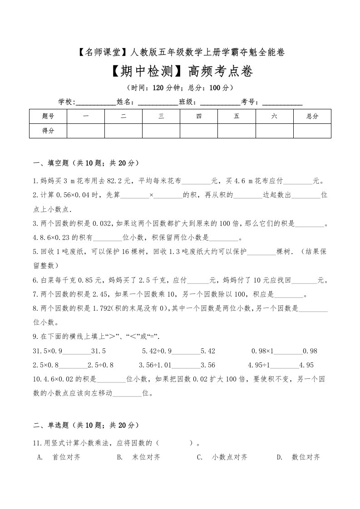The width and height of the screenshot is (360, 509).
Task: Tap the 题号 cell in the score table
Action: point(48,116)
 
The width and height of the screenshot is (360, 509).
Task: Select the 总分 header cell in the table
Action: point(312,116)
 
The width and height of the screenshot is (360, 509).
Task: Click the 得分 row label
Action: point(48,130)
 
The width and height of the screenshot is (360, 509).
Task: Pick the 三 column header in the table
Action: point(161,116)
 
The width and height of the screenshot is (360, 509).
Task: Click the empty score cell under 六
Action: point(274,130)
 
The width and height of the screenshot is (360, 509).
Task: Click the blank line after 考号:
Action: point(282,102)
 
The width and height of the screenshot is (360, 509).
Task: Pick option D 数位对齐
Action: point(306,457)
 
